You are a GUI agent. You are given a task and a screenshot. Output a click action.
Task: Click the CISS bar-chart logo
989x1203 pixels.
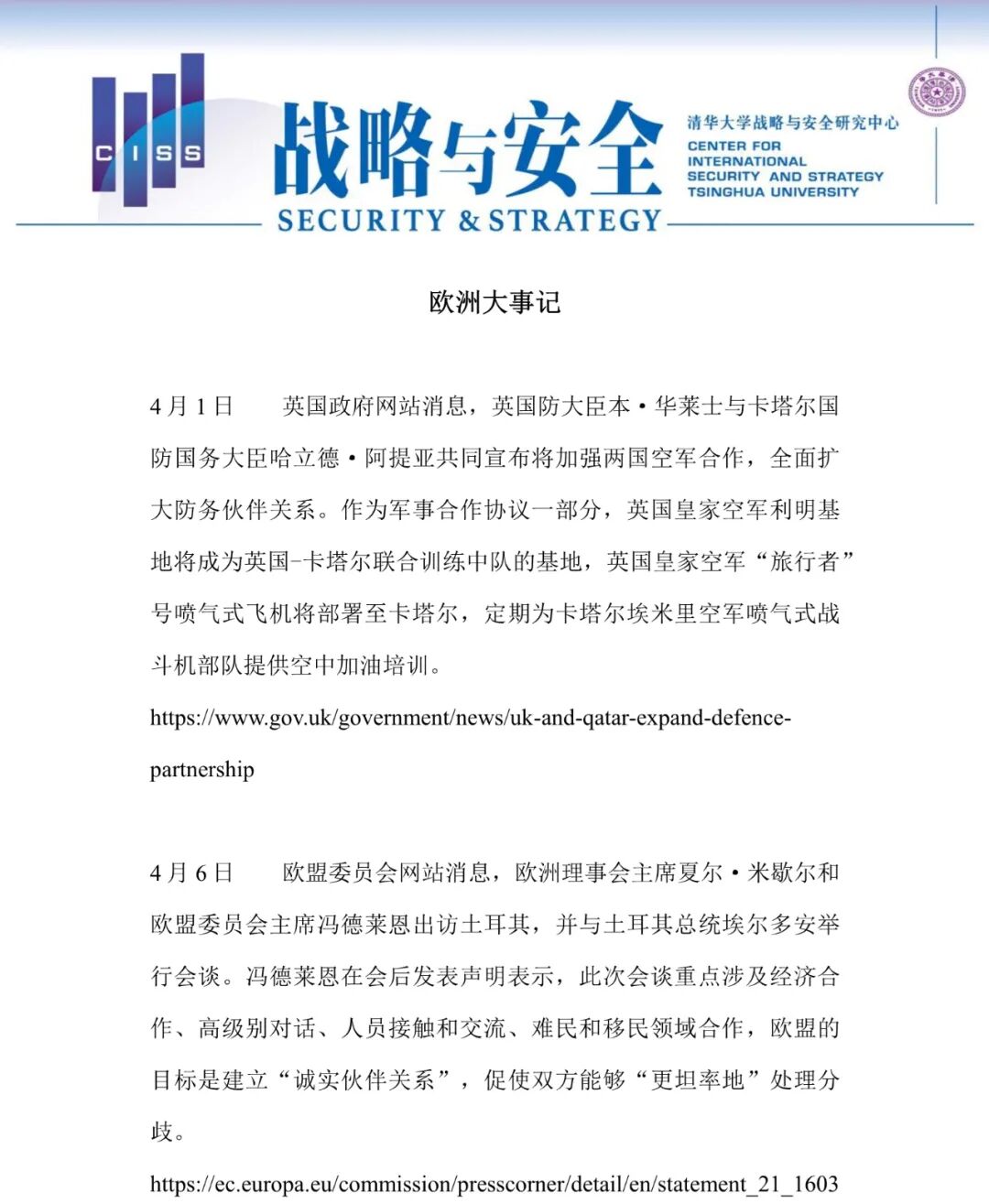[148, 133]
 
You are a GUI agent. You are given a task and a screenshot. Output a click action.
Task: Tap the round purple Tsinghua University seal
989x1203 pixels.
[936, 93]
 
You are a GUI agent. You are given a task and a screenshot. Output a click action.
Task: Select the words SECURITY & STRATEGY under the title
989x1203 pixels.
[469, 221]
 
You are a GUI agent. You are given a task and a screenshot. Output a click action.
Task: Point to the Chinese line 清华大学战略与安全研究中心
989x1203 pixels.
[793, 123]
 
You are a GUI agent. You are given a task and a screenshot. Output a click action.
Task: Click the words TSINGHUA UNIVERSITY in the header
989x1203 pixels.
[773, 192]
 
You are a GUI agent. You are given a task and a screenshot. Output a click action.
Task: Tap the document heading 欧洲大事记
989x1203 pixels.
[494, 303]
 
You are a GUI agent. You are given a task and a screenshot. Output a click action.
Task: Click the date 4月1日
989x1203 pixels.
[191, 406]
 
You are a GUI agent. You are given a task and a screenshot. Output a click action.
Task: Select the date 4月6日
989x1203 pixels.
[191, 872]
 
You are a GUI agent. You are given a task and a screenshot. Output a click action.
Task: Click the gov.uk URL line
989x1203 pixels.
[470, 718]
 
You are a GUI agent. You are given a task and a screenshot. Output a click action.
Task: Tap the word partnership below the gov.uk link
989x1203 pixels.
[201, 769]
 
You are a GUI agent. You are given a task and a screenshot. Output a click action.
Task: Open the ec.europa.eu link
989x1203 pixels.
[494, 1184]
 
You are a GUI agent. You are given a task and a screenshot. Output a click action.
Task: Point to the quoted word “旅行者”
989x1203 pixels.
[805, 561]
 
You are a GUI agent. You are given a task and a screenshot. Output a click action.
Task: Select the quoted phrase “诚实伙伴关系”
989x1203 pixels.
[364, 1080]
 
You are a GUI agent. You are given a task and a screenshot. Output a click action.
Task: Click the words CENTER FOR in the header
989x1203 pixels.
[734, 146]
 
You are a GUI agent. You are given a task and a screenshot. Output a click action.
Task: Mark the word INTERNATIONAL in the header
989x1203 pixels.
[746, 161]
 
